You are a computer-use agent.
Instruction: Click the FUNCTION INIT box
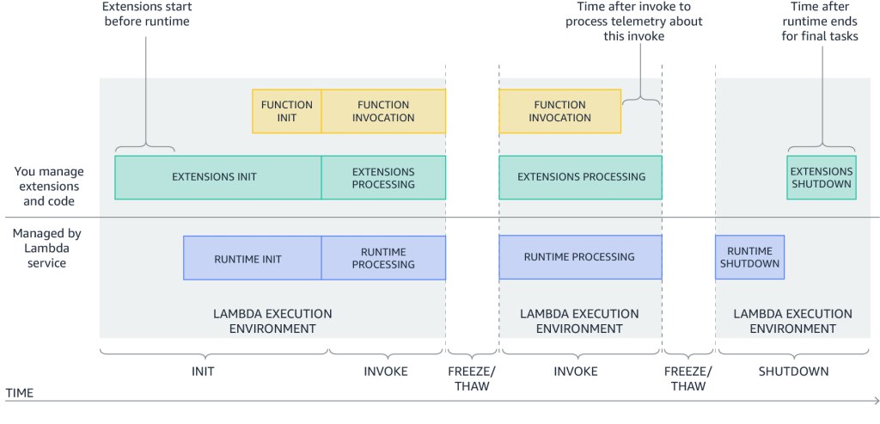tap(287, 111)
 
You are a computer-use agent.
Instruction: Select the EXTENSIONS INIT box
tap(218, 177)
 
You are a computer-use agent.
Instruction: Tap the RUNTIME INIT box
tap(253, 258)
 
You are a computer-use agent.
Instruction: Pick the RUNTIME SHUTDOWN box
tap(749, 257)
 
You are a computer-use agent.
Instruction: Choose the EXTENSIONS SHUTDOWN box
tap(822, 177)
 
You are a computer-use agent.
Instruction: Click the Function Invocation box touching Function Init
tap(384, 111)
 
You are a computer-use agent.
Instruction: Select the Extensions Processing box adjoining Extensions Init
tap(384, 177)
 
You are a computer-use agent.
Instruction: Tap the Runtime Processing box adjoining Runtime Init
tap(384, 258)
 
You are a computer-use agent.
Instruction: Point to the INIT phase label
tap(203, 372)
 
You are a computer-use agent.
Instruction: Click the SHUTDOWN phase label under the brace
tap(793, 372)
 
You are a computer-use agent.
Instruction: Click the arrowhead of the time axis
tap(876, 401)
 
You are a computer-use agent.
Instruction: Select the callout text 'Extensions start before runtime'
tap(147, 15)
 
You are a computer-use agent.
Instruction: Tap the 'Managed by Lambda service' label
tap(40, 248)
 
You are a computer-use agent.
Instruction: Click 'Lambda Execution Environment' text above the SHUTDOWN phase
tap(793, 322)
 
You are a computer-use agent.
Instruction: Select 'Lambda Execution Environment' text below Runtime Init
tap(272, 322)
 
